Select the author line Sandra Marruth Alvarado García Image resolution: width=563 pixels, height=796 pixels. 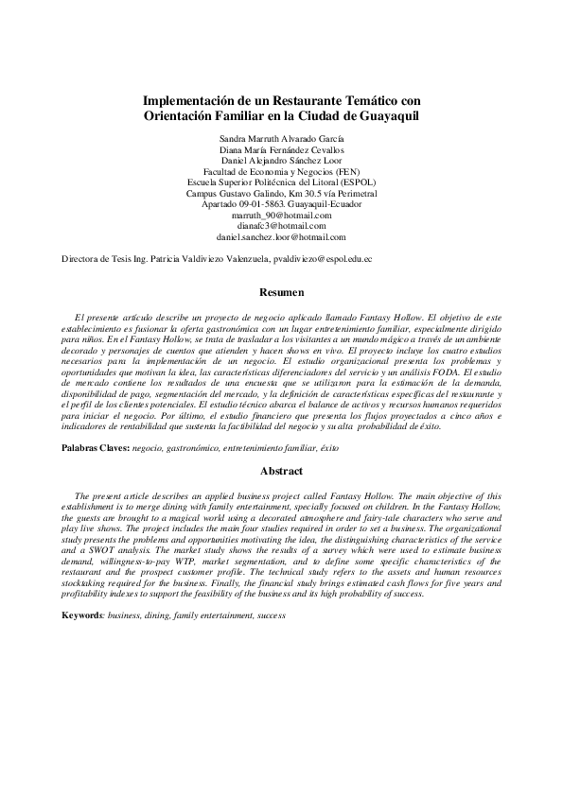281,138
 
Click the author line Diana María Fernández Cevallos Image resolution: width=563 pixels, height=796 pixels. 281,149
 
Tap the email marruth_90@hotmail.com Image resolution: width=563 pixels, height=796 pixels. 281,215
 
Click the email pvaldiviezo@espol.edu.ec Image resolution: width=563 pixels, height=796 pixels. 322,257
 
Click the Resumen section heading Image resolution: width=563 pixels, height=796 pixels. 281,293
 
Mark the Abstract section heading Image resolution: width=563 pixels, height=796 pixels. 281,471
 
